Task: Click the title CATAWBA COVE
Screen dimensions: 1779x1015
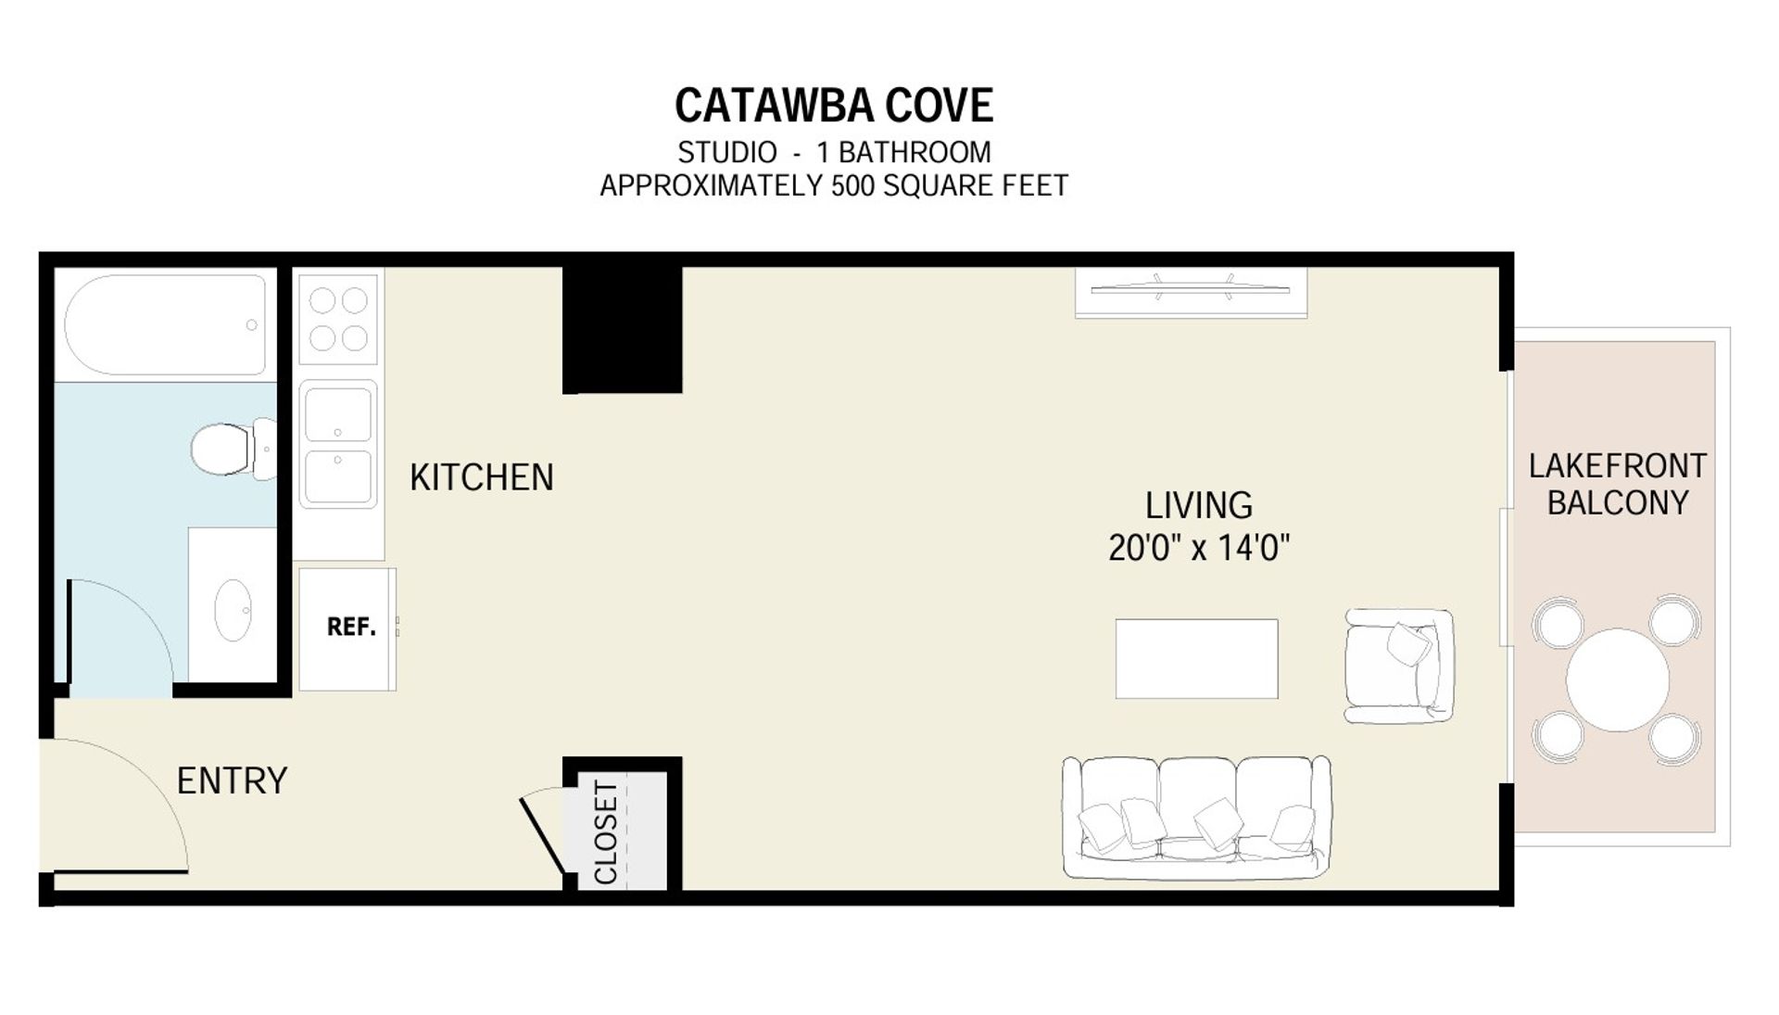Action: click(834, 106)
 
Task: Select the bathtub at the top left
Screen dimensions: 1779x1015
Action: click(165, 325)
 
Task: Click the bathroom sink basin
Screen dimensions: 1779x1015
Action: click(233, 610)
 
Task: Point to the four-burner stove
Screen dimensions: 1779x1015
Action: click(338, 319)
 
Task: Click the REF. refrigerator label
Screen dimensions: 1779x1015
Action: click(351, 628)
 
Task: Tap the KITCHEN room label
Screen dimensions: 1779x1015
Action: click(482, 477)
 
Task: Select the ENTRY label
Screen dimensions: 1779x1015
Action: click(232, 780)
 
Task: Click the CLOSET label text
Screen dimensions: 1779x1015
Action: click(606, 832)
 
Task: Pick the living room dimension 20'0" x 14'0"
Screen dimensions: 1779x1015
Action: click(1199, 548)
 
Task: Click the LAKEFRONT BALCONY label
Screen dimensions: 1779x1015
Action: click(1618, 484)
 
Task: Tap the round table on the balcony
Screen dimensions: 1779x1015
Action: click(1618, 680)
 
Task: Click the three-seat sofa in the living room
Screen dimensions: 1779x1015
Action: click(1197, 817)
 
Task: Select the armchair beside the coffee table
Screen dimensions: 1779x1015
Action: click(1399, 666)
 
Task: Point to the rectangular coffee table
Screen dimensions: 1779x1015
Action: click(1197, 659)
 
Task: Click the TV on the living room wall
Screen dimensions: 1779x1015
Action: click(1191, 289)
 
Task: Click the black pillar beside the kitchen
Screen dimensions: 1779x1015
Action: click(623, 329)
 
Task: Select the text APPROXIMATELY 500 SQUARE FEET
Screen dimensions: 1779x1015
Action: click(834, 186)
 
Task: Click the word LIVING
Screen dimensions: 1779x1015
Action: click(1199, 506)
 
